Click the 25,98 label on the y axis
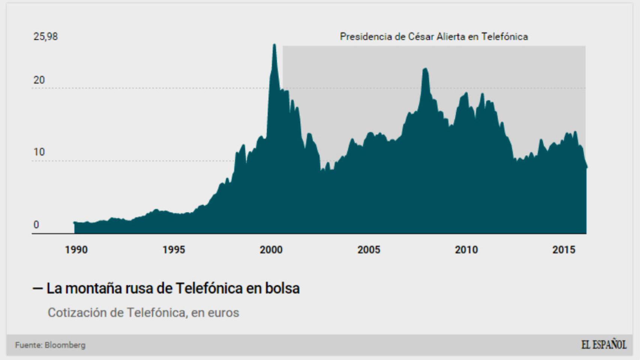pyautogui.click(x=46, y=37)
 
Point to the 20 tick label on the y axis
pyautogui.click(x=39, y=80)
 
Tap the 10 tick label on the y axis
pyautogui.click(x=39, y=152)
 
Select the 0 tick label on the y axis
pyautogui.click(x=36, y=225)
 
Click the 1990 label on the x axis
pyautogui.click(x=76, y=250)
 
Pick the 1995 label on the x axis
pyautogui.click(x=174, y=250)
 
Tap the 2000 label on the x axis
pyautogui.click(x=271, y=250)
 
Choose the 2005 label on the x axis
pyautogui.click(x=368, y=250)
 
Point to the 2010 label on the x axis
pyautogui.click(x=466, y=250)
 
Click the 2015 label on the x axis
pyautogui.click(x=563, y=250)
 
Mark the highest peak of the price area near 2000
pyautogui.click(x=274, y=45)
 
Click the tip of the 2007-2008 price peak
pyautogui.click(x=425, y=69)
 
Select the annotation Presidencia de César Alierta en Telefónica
pyautogui.click(x=434, y=37)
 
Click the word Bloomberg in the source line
pyautogui.click(x=65, y=345)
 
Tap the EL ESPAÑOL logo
pyautogui.click(x=604, y=345)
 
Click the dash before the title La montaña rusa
pyautogui.click(x=38, y=288)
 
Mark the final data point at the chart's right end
pyautogui.click(x=586, y=167)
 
